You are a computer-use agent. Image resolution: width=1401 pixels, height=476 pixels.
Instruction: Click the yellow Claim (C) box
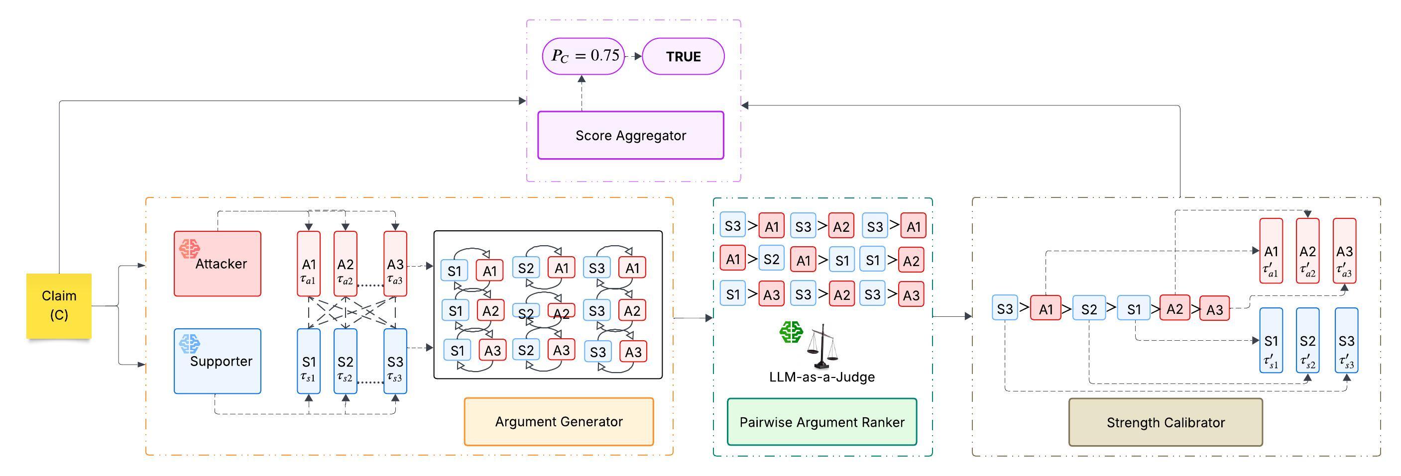(x=59, y=305)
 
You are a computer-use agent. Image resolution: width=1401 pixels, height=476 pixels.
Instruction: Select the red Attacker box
(x=218, y=264)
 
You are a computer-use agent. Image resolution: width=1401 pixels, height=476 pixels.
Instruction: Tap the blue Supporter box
(x=218, y=361)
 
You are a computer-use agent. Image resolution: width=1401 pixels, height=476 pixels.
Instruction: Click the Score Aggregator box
(x=630, y=135)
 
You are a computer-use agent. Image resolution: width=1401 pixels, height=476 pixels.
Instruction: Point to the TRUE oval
(x=683, y=57)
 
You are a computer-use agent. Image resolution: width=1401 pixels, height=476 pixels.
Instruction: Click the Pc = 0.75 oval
(x=584, y=56)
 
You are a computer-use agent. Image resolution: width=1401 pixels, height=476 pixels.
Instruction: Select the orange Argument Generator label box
(x=559, y=422)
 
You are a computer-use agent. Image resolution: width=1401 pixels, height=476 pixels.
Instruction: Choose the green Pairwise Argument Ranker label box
(x=821, y=422)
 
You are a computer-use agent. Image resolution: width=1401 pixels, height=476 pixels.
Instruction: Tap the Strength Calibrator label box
(x=1165, y=422)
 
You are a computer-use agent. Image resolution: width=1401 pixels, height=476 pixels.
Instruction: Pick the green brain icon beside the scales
(x=791, y=331)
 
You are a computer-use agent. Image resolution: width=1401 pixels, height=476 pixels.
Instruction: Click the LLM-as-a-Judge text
(x=821, y=377)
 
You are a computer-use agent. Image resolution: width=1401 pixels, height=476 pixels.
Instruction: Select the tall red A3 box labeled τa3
(x=395, y=264)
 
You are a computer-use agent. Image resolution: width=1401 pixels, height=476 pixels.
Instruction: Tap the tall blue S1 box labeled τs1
(x=308, y=361)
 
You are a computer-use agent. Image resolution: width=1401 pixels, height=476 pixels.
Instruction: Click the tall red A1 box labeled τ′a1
(x=1271, y=251)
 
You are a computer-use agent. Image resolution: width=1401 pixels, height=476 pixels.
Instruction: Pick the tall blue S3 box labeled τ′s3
(x=1346, y=341)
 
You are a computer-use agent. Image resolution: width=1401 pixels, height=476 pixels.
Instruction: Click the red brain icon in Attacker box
(x=189, y=249)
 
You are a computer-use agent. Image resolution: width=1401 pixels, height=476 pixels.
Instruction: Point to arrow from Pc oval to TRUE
(x=634, y=56)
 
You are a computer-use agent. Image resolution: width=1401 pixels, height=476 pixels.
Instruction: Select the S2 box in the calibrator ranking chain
(x=1089, y=309)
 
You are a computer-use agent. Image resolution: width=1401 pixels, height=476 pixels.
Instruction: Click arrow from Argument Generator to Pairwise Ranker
(x=693, y=318)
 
